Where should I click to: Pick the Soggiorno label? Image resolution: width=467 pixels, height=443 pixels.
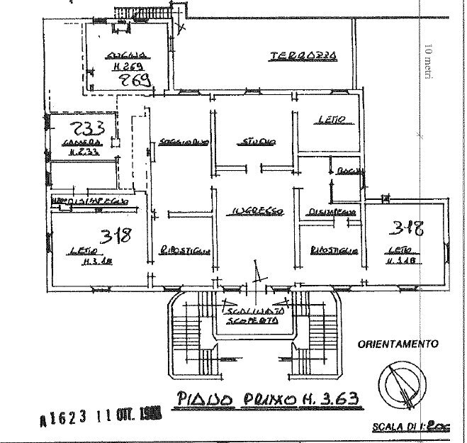click(183, 141)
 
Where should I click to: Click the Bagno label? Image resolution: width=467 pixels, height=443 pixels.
click(349, 170)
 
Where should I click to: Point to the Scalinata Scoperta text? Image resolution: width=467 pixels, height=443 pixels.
click(253, 315)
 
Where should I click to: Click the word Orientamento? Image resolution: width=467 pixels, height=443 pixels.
click(398, 344)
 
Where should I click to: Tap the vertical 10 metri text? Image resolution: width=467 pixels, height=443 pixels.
click(427, 62)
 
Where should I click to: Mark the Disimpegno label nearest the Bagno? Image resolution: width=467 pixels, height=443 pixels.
click(331, 211)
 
